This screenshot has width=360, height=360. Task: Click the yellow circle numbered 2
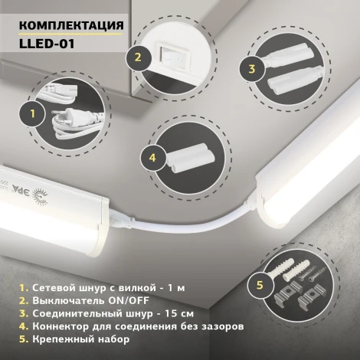coord(139,56)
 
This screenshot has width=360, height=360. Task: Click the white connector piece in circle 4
coord(188,160)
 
